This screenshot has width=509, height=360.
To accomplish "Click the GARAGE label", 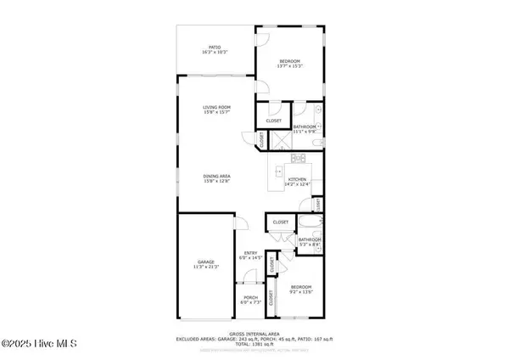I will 206,264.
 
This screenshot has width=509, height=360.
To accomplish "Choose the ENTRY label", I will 250,254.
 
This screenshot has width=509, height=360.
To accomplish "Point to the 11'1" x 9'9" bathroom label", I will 305,129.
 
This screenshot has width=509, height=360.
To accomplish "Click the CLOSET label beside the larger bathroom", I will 273,121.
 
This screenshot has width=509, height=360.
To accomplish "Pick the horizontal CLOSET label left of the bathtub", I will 280,222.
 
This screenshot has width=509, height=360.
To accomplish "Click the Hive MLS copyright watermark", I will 39,344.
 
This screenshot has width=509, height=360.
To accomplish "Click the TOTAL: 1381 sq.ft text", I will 255,344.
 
